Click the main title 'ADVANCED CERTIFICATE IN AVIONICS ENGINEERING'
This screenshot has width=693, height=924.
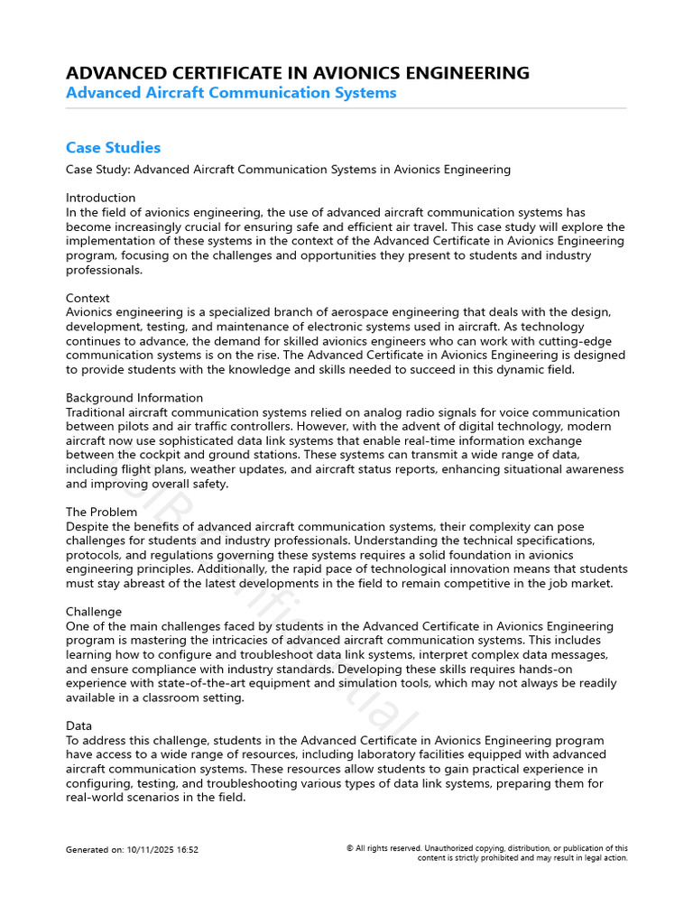point(298,73)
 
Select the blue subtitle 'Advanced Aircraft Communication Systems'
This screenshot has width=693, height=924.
point(231,93)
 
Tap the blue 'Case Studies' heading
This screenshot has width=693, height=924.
point(113,147)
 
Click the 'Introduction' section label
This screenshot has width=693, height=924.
point(100,198)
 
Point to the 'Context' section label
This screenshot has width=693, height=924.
point(88,298)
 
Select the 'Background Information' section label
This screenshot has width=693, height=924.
point(134,398)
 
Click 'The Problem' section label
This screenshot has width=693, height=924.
point(101,512)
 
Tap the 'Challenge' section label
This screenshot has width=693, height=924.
point(94,612)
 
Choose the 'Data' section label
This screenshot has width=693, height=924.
point(79,725)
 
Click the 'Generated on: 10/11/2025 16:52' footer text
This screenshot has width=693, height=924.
point(132,850)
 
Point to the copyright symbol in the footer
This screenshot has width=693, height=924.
point(349,848)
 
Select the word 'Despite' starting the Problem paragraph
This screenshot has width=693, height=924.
point(88,526)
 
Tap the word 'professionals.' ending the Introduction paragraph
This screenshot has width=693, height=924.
point(104,270)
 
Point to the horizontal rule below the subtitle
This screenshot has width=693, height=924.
point(346,108)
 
